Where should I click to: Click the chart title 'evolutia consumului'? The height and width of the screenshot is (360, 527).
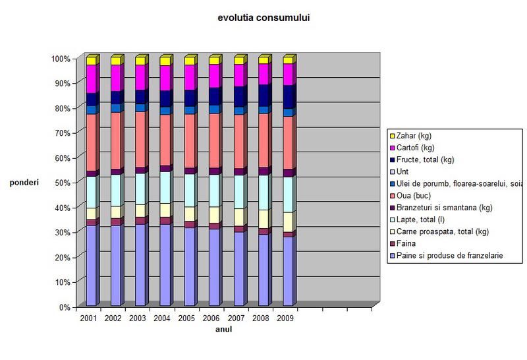(x=263, y=18)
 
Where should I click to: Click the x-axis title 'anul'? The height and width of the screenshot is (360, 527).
(x=223, y=330)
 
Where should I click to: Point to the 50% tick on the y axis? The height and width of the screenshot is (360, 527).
(x=61, y=183)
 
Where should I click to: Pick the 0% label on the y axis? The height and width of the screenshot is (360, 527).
(x=64, y=307)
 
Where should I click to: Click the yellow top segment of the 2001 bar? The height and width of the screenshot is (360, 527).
(x=91, y=61)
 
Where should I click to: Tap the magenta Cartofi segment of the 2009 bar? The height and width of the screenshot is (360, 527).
(x=288, y=74)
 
